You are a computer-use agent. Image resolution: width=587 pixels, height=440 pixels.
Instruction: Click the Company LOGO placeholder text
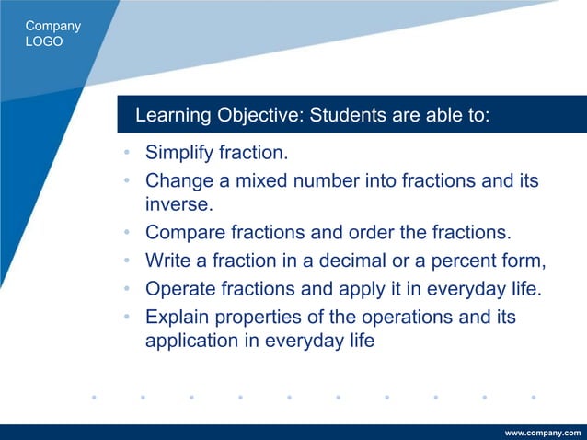pos(53,34)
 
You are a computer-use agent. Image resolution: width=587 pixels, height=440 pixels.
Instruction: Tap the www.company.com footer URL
pos(544,432)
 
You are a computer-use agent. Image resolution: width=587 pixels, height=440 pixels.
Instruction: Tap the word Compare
pos(184,231)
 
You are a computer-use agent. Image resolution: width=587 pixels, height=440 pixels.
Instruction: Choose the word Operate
pos(181,289)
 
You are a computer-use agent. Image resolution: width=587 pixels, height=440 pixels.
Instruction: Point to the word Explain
pos(178,318)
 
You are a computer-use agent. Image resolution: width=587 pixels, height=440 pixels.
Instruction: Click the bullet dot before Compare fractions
pos(126,231)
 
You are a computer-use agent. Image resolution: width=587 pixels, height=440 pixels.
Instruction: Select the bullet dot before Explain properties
pos(126,318)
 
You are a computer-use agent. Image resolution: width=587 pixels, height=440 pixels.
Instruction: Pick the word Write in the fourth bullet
pos(167,261)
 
